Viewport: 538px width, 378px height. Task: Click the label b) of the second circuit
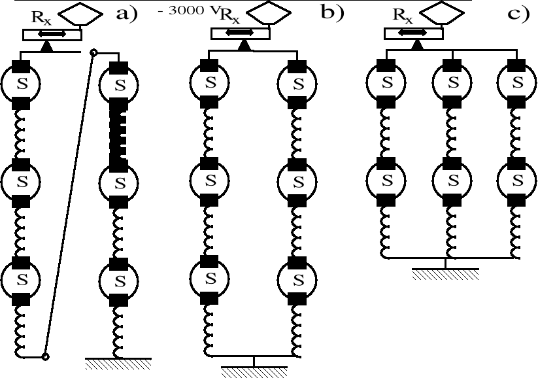coord(331,14)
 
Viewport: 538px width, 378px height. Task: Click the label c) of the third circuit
coord(516,14)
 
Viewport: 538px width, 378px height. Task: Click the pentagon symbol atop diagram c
coord(441,14)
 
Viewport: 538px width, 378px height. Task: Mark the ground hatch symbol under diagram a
coord(118,364)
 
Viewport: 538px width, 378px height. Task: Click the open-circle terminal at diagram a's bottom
coord(44,356)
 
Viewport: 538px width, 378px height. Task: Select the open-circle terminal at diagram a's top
coord(93,52)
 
